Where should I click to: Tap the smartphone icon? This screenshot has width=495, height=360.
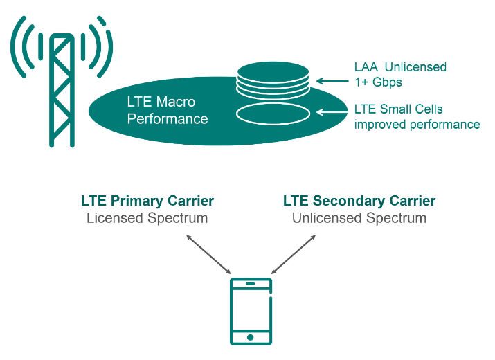tap(250, 311)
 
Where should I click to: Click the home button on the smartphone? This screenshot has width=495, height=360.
tap(250, 338)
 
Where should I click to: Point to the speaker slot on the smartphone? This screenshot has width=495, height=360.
tap(250, 284)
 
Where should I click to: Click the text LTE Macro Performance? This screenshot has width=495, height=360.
tap(168, 110)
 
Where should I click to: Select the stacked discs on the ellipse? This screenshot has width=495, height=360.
tap(274, 80)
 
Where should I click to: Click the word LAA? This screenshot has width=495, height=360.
tap(366, 67)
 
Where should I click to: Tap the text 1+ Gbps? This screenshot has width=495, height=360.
tap(378, 82)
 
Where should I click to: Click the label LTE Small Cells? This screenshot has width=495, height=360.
tap(398, 109)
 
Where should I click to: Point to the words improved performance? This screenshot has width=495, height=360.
tap(417, 125)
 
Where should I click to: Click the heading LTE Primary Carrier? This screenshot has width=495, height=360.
tap(147, 201)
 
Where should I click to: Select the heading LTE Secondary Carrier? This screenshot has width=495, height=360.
tap(359, 201)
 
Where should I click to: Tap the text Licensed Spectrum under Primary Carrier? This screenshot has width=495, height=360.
tap(147, 218)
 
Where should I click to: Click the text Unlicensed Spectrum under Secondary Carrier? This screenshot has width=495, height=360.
tap(359, 218)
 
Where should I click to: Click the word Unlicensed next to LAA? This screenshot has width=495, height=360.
tap(415, 67)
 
